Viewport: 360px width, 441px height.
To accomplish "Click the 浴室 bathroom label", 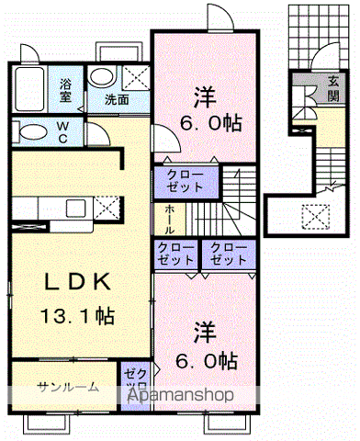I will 67,88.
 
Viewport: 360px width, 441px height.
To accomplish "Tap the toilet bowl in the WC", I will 30,130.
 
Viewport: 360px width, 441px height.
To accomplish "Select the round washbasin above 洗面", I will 104,77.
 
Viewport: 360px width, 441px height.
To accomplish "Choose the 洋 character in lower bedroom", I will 203,332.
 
